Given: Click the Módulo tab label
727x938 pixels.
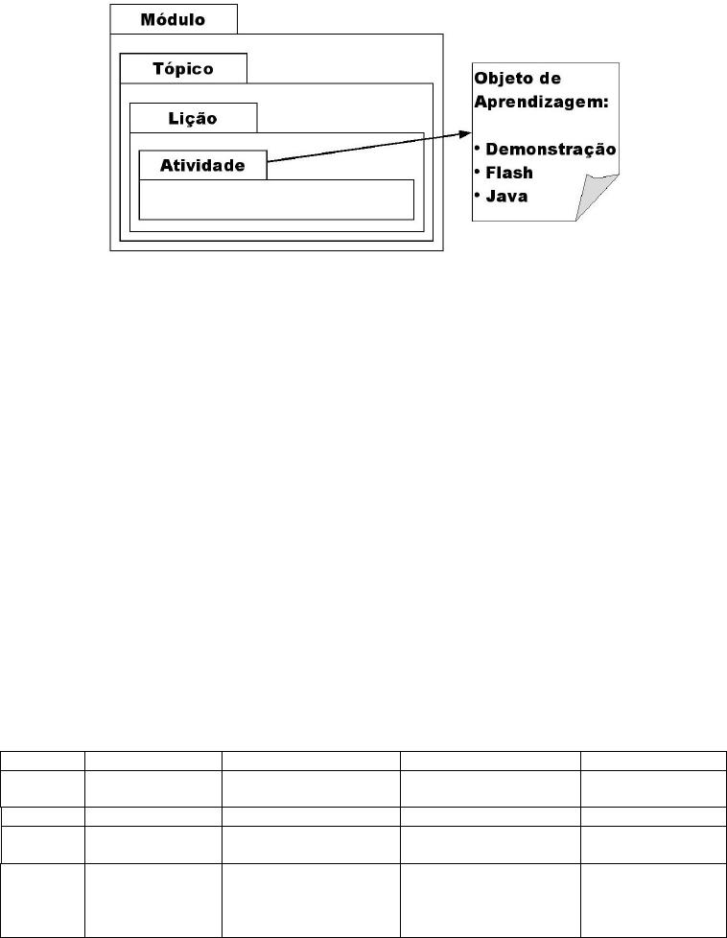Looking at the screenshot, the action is pyautogui.click(x=173, y=20).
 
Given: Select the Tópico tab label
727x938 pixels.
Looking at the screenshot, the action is pyautogui.click(x=183, y=69).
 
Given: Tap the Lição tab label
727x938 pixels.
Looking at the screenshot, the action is pyautogui.click(x=193, y=118).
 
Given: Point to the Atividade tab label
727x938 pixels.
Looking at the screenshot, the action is pyautogui.click(x=202, y=165).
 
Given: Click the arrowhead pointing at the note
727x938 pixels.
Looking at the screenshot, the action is pyautogui.click(x=465, y=134).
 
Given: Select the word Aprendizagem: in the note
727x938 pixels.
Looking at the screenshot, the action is pyautogui.click(x=542, y=103).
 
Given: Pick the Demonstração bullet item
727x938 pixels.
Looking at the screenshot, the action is pyautogui.click(x=551, y=149).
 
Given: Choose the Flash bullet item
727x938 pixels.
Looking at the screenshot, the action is pyautogui.click(x=509, y=173).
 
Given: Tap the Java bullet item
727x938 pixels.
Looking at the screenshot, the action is pyautogui.click(x=506, y=197).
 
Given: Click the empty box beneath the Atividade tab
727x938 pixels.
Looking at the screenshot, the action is pyautogui.click(x=276, y=199).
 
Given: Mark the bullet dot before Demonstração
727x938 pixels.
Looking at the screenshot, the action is pyautogui.click(x=478, y=147).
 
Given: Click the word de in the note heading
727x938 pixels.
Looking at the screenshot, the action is pyautogui.click(x=551, y=79).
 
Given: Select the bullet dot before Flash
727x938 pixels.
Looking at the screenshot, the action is pyautogui.click(x=478, y=171).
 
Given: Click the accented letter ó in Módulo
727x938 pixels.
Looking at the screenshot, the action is pyautogui.click(x=161, y=19).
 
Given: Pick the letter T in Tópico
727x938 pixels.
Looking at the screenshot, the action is pyautogui.click(x=158, y=69).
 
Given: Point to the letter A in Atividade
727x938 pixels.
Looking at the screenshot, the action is pyautogui.click(x=166, y=165).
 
